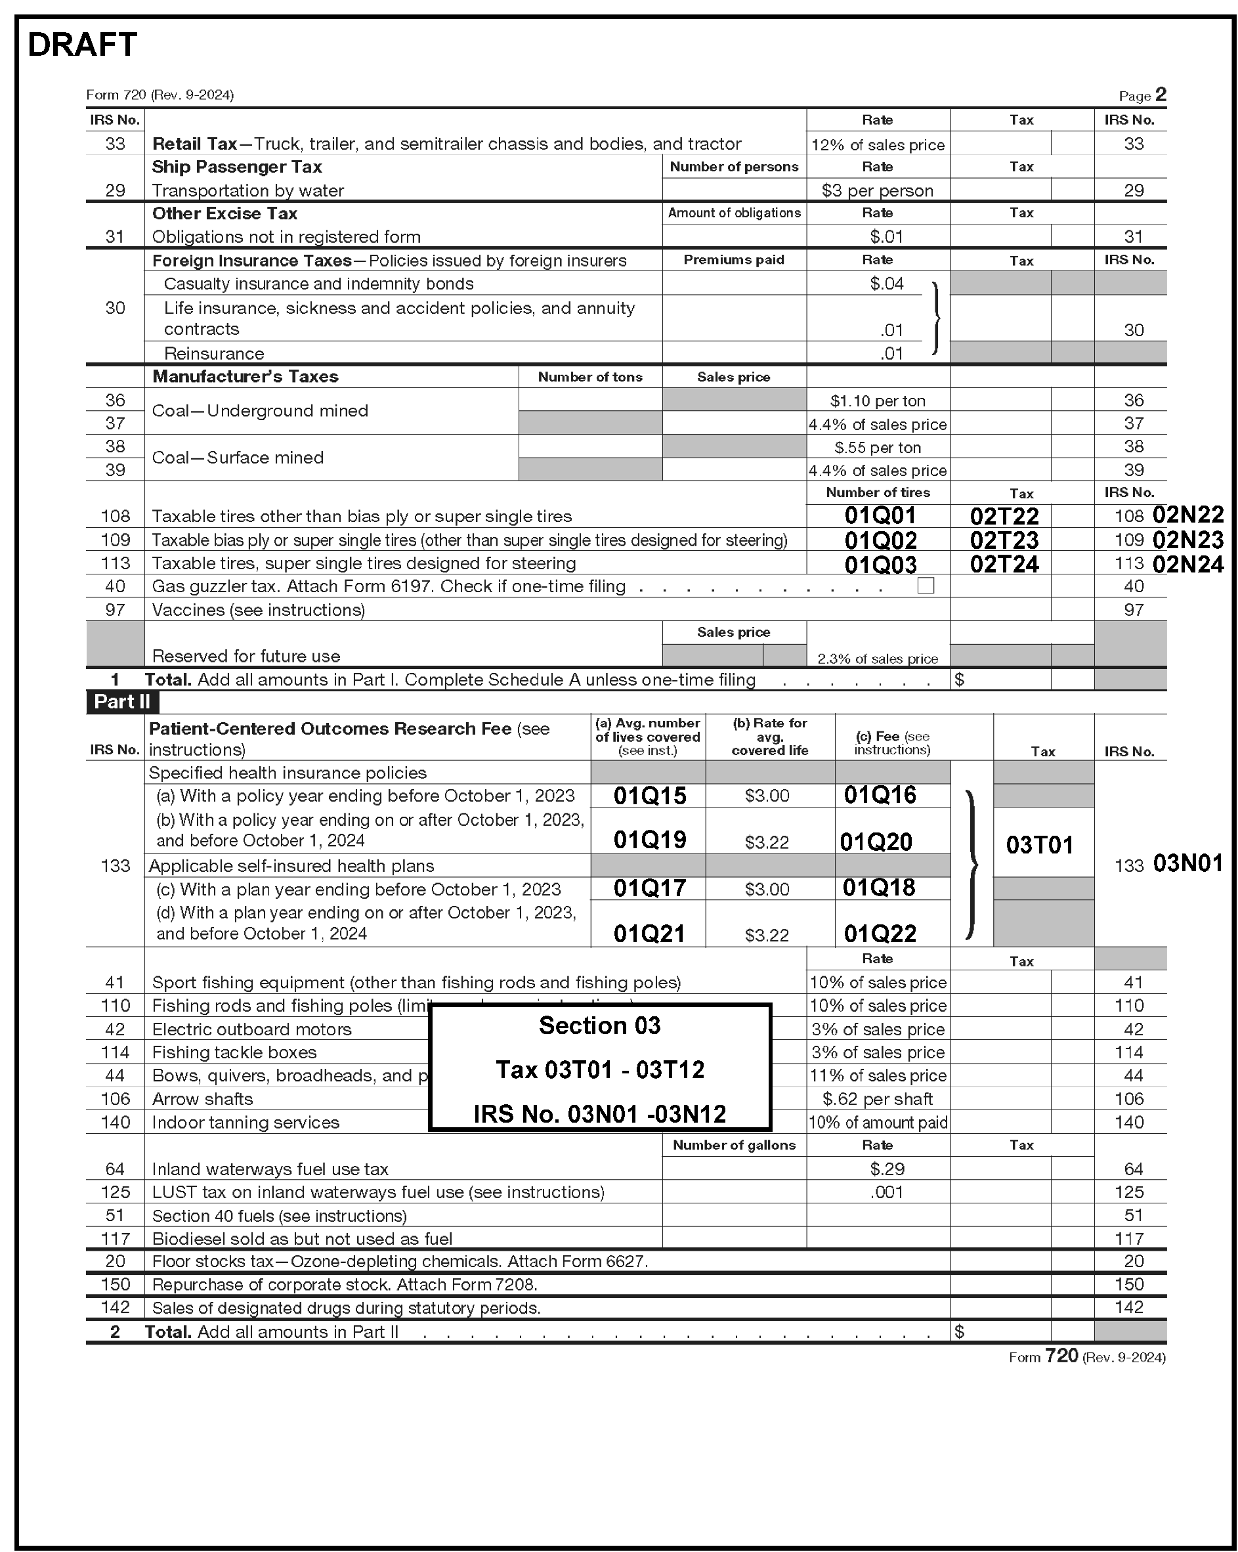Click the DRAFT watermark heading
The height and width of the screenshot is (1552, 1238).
pyautogui.click(x=82, y=45)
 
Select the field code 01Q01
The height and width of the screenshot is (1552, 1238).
pyautogui.click(x=880, y=515)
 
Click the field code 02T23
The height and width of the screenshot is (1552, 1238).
pyautogui.click(x=1004, y=540)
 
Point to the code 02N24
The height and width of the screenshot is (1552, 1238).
pyautogui.click(x=1187, y=564)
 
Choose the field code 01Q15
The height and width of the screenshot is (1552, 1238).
pyautogui.click(x=649, y=796)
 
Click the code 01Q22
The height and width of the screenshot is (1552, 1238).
pyautogui.click(x=880, y=934)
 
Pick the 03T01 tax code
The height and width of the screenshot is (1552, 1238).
pyautogui.click(x=1039, y=844)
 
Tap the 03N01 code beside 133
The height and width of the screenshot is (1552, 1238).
pyautogui.click(x=1187, y=863)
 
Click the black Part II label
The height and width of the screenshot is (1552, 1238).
pyautogui.click(x=122, y=702)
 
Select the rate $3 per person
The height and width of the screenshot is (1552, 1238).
pyautogui.click(x=878, y=191)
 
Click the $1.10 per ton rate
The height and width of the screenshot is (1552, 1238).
pyautogui.click(x=878, y=401)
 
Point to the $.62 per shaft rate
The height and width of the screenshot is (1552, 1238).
pyautogui.click(x=878, y=1099)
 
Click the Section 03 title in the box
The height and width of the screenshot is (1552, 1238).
pyautogui.click(x=599, y=1025)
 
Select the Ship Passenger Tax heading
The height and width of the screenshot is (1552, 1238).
pyautogui.click(x=237, y=167)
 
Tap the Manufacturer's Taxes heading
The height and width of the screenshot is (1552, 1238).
pyautogui.click(x=245, y=376)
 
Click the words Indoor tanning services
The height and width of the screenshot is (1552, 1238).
pyautogui.click(x=245, y=1122)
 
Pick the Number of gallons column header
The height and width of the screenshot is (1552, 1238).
pyautogui.click(x=733, y=1145)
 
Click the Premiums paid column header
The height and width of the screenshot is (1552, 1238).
pyautogui.click(x=733, y=260)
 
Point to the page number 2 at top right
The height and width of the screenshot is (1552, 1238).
pyautogui.click(x=1161, y=95)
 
